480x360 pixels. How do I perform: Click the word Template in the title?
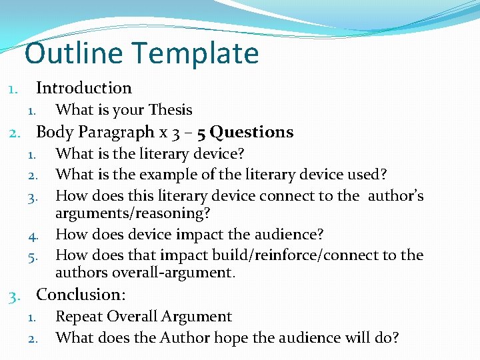tap(201, 54)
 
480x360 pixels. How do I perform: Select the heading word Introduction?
tap(84, 88)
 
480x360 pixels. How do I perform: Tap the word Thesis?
tap(171, 110)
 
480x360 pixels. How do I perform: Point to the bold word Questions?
tap(252, 132)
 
